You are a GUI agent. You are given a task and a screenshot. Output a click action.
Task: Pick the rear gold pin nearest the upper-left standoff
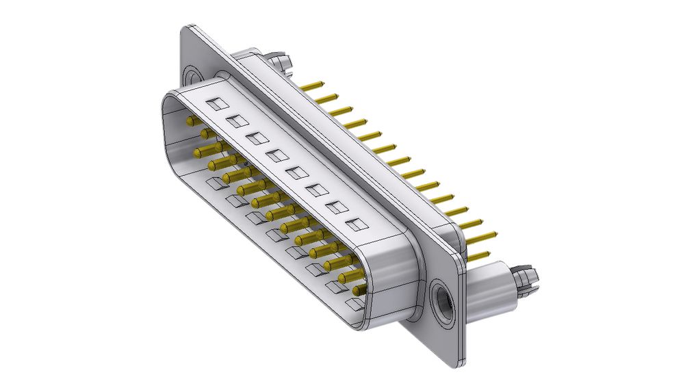click(312, 86)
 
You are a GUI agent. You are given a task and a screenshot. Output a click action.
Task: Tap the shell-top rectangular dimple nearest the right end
click(355, 223)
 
